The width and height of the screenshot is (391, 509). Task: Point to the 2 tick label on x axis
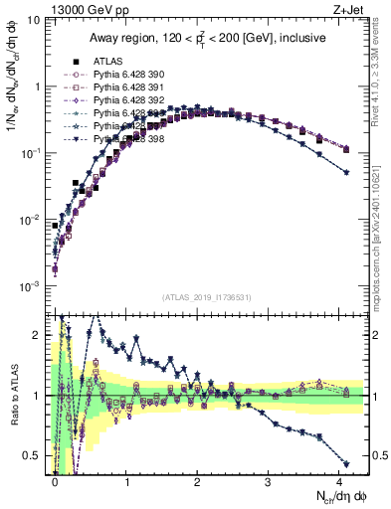coord(197,480)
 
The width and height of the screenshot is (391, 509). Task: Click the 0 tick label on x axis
coord(56,480)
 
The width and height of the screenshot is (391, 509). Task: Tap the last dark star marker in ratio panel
coord(345,463)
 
